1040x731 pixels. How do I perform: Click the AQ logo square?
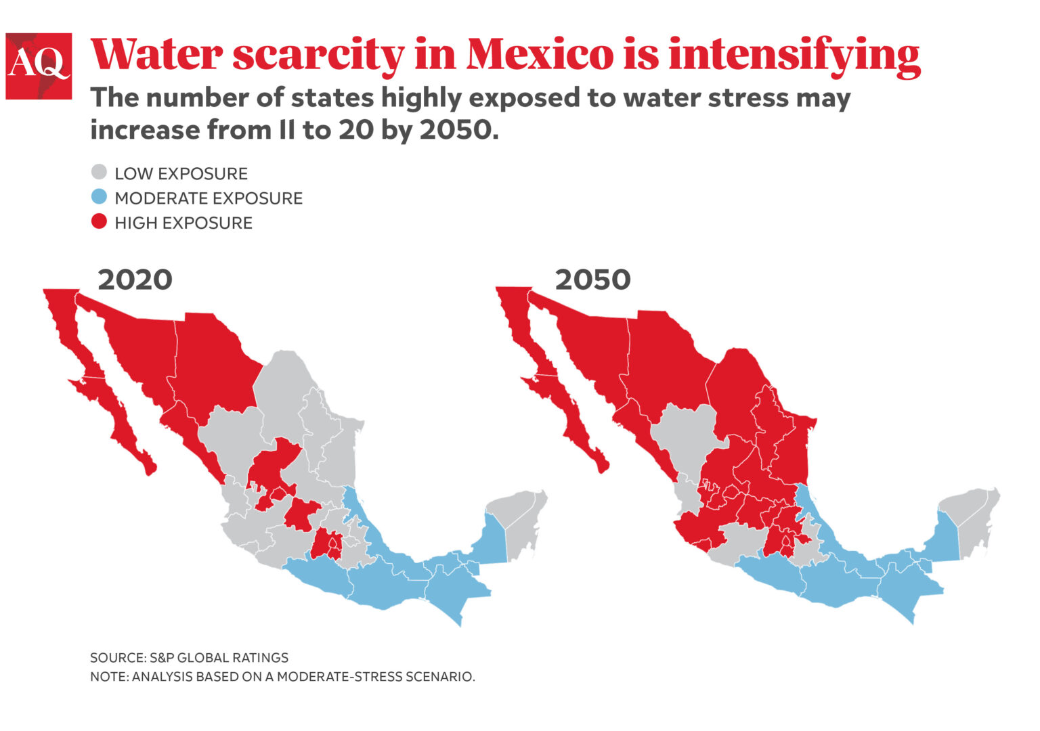tap(39, 66)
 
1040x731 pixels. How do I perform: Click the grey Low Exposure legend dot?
tap(99, 173)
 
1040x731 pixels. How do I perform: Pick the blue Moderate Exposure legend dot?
tap(99, 198)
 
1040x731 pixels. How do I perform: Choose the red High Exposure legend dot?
tap(99, 222)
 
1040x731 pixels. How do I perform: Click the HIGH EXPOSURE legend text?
tap(183, 223)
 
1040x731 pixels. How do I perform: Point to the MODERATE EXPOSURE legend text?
tap(208, 198)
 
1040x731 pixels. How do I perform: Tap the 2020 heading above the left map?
tap(135, 280)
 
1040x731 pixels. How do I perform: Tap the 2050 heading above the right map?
tap(592, 280)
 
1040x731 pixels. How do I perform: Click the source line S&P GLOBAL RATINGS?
tap(189, 657)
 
